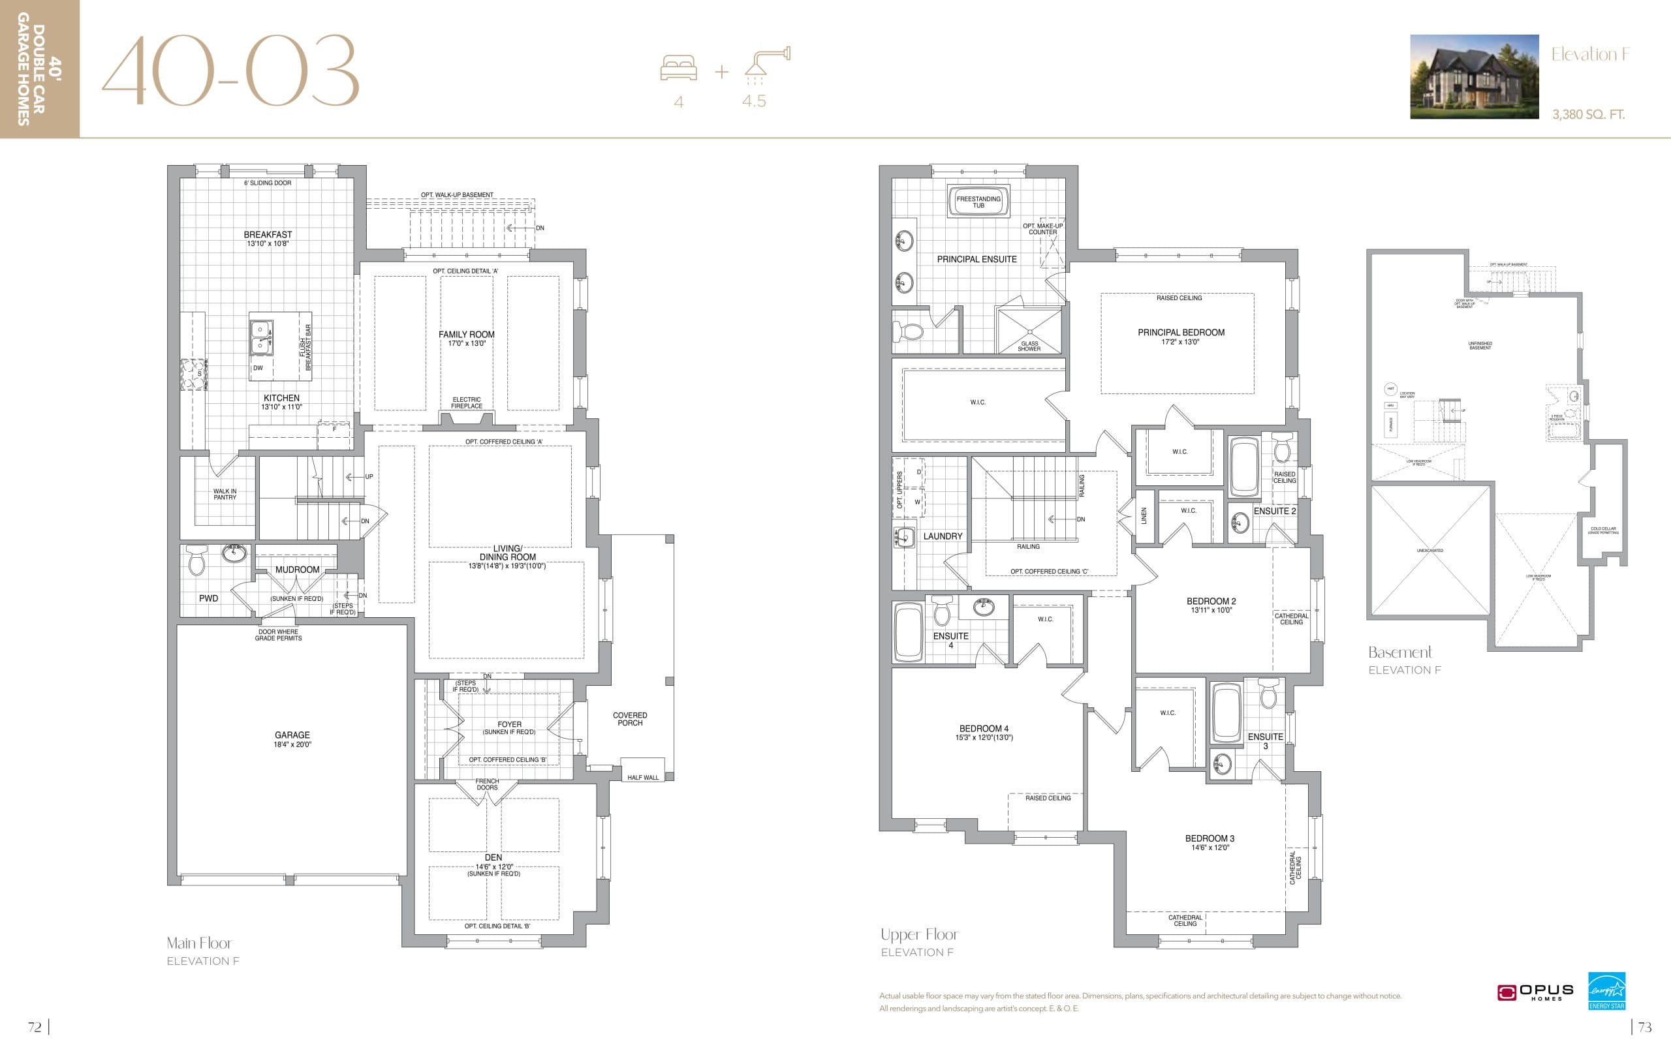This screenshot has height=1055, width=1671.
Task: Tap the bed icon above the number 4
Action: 678,69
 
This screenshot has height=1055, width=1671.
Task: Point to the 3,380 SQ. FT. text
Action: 1587,114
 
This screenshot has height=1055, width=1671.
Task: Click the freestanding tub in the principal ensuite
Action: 978,202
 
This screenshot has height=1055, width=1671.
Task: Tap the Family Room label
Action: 466,334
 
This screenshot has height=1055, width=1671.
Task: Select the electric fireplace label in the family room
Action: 466,403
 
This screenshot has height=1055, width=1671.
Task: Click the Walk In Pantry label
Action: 225,494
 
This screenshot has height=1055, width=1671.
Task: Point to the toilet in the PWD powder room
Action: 198,560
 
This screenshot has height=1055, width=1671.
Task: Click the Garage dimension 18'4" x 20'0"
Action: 292,744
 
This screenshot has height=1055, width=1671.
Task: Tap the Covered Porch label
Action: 629,718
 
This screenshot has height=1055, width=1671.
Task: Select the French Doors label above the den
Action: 487,784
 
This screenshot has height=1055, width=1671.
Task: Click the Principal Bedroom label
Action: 1180,332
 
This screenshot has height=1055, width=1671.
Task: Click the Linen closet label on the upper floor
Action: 1144,515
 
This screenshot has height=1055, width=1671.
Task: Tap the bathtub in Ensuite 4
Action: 909,632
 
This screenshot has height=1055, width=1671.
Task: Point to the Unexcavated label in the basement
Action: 1429,551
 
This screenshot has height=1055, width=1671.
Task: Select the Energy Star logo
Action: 1606,990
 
